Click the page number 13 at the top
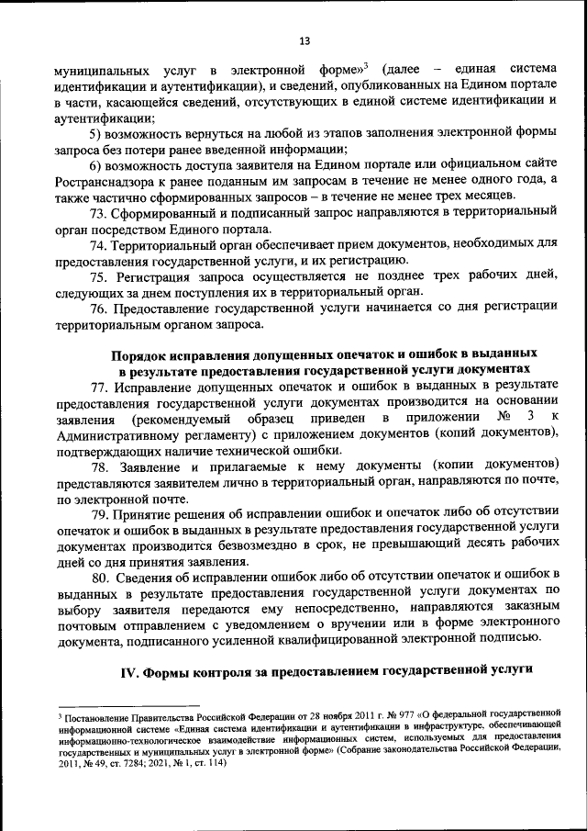(x=305, y=39)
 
